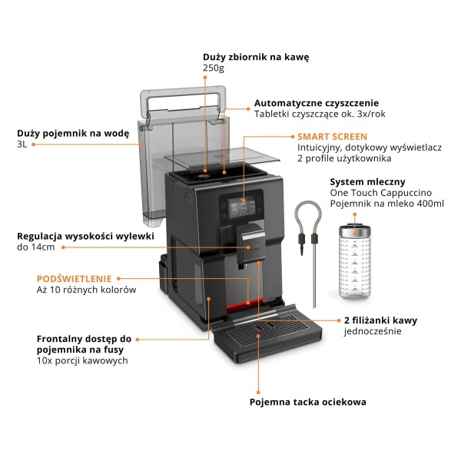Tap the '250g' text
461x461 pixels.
(213, 69)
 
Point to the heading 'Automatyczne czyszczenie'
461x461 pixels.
(316, 103)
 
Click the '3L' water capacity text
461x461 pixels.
(22, 144)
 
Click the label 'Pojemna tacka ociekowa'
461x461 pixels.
(307, 401)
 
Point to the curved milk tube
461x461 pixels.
(309, 230)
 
